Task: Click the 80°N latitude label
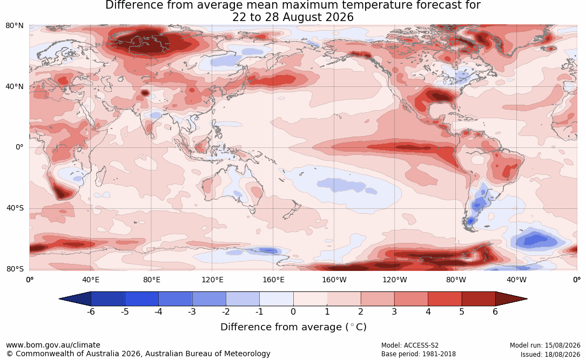coord(14,26)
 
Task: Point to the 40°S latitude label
coord(15,208)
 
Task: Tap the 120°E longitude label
coord(213,280)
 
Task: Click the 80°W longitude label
coord(456,280)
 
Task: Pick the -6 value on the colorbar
coord(91,311)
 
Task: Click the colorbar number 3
coord(394,311)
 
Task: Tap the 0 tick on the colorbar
coord(293,311)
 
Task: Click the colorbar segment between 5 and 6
coord(479,299)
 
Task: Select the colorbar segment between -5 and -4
coord(142,299)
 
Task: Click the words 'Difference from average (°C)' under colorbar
coord(293,327)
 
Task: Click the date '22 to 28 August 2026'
coord(293,17)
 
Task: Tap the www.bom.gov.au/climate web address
coord(53,345)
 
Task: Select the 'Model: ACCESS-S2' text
coord(409,345)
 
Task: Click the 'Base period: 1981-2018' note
coord(418,354)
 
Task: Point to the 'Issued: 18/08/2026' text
coord(550,354)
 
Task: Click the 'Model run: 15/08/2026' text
coord(545,345)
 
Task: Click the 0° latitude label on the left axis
coord(19,147)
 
